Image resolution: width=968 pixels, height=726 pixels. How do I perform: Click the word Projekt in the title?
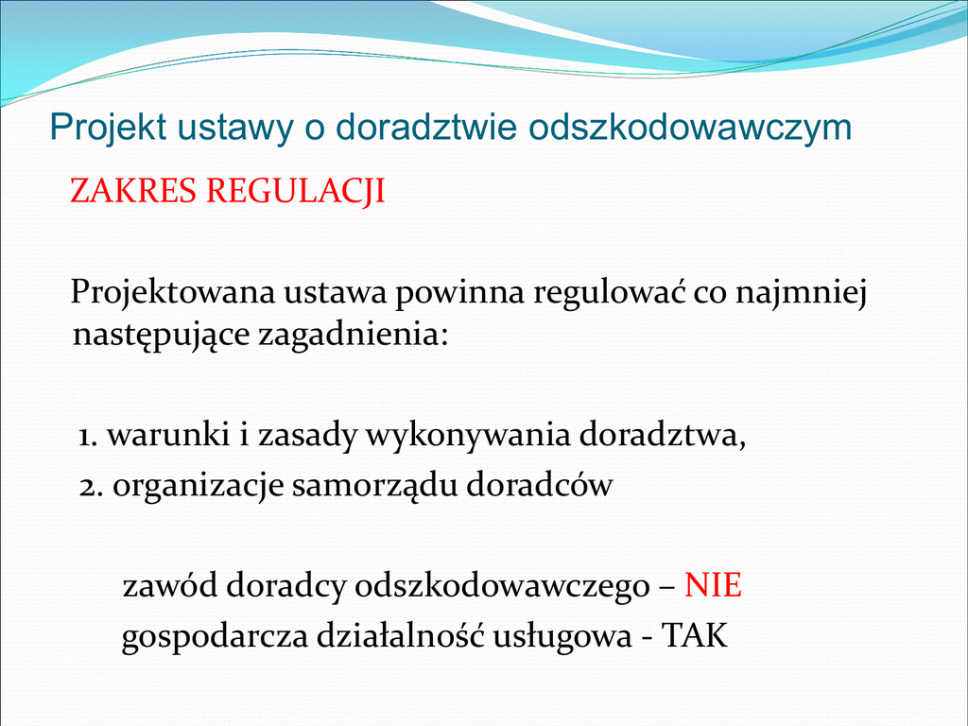point(108,128)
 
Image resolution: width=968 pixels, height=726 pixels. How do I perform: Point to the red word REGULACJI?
point(296,191)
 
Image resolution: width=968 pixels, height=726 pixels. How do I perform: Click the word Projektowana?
point(172,292)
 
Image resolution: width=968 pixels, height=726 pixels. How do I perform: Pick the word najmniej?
point(801,292)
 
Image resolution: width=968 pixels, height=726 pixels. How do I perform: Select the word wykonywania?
point(468,436)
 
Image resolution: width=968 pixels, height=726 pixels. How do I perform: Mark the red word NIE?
point(713,584)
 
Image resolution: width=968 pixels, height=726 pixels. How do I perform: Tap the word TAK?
point(695,635)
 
